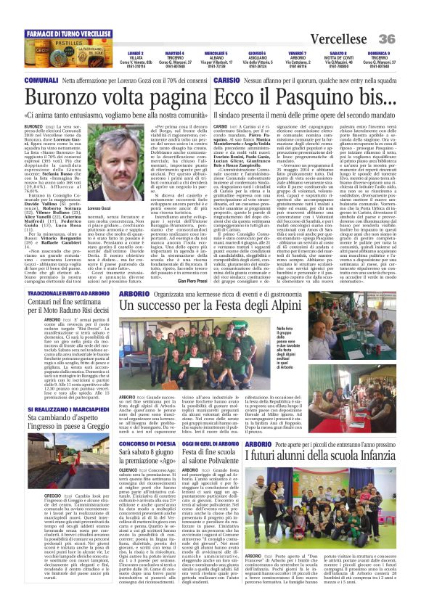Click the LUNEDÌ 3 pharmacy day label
135,54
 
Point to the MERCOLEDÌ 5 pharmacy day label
215,54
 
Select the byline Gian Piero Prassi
191,280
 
